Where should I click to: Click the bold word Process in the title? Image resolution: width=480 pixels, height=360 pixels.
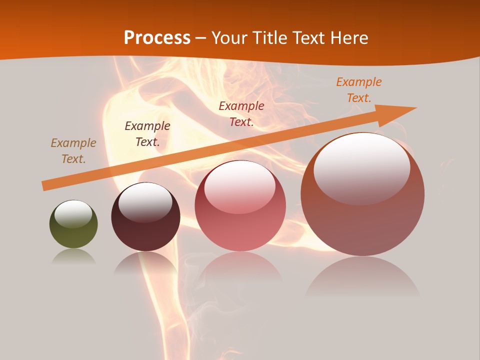click(x=157, y=38)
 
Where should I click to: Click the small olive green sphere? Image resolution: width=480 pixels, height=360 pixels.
click(x=73, y=225)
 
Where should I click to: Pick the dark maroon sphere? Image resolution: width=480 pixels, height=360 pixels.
click(x=145, y=217)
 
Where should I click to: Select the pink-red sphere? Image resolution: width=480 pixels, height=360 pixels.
click(x=240, y=206)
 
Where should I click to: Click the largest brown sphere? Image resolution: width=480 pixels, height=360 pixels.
click(x=362, y=195)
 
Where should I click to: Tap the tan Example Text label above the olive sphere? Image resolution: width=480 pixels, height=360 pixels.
click(x=73, y=150)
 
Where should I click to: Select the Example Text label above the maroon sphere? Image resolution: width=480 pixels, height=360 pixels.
click(x=147, y=133)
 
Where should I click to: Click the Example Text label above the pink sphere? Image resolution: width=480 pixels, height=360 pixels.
click(x=241, y=113)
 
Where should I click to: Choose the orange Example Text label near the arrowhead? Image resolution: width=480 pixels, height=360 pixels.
click(x=359, y=89)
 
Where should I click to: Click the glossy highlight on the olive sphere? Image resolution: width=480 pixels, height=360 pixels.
click(x=73, y=214)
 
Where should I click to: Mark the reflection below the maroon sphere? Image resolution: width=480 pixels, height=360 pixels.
click(x=145, y=263)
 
